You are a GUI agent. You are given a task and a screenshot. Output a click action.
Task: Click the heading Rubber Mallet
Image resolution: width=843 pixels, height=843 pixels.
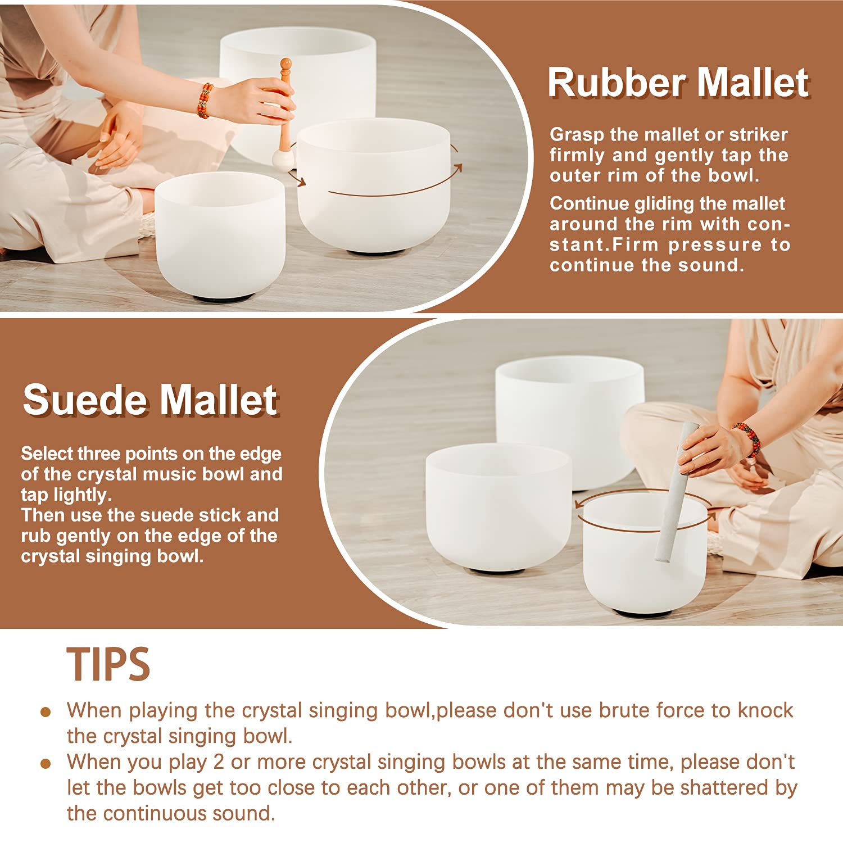pos(678,83)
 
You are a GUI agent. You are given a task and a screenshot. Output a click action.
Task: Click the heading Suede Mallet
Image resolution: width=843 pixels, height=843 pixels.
pos(150,400)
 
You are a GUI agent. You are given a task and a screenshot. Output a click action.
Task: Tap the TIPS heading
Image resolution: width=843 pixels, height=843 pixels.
pos(108,664)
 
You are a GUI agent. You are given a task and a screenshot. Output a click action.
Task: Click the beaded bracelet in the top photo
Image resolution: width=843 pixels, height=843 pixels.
pos(205,101)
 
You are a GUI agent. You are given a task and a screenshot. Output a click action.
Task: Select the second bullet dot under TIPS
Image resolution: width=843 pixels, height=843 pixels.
pos(46,764)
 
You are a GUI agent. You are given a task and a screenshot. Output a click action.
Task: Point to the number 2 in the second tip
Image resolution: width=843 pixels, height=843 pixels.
pos(219,762)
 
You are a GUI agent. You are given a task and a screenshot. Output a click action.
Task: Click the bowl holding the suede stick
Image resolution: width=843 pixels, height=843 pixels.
pos(645,554)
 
